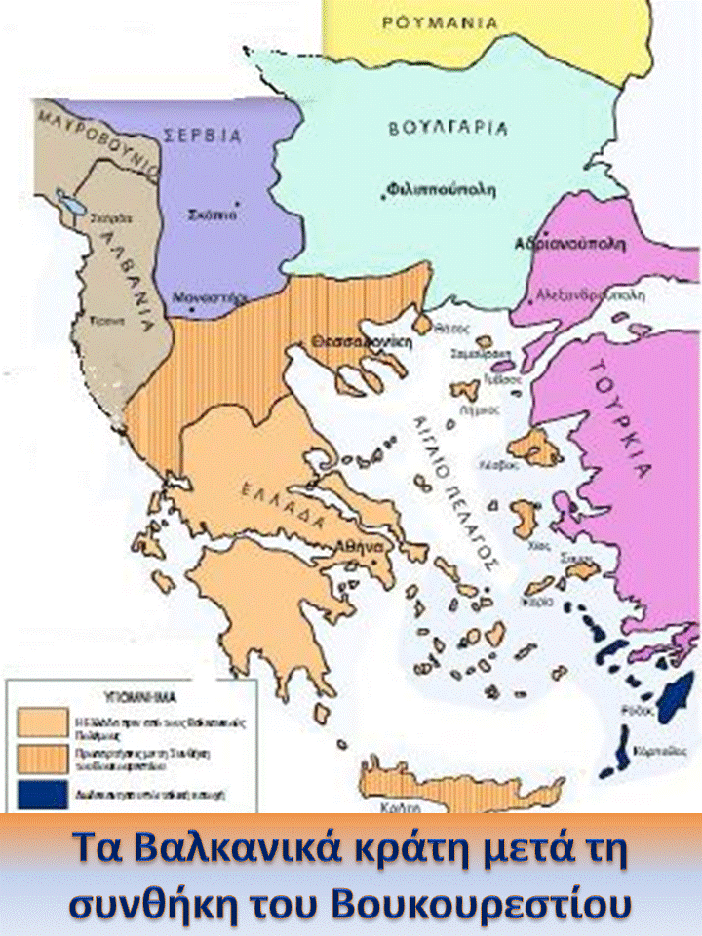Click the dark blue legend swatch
point(43,793)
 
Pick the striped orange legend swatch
point(43,757)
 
